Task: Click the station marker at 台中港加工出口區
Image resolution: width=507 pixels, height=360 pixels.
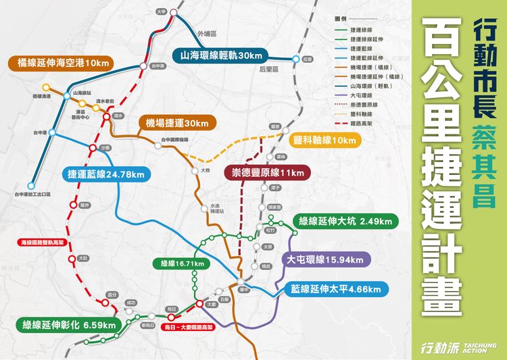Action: pyautogui.click(x=32, y=184)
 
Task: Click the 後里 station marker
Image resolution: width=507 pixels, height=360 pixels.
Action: pyautogui.click(x=295, y=59)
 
